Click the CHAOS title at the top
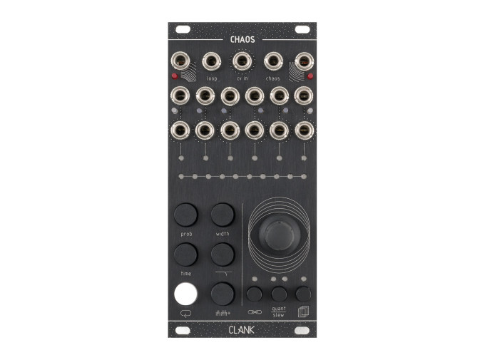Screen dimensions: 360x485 click(x=242, y=40)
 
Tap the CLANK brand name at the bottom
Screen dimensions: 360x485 click(x=242, y=330)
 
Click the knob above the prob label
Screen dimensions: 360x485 click(x=185, y=213)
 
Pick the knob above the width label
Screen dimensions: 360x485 click(x=223, y=213)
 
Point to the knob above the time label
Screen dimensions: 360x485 click(x=185, y=253)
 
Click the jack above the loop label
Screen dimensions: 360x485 click(x=212, y=63)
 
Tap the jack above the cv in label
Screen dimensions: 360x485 click(x=242, y=63)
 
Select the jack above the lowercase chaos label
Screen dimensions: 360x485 click(x=273, y=63)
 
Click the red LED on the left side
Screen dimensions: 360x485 click(x=175, y=74)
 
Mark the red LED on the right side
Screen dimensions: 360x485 click(x=311, y=74)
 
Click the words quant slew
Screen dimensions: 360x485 click(x=279, y=312)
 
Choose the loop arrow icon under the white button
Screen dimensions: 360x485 click(x=185, y=312)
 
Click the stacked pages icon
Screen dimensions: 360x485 click(x=303, y=312)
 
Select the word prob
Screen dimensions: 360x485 click(x=185, y=233)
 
